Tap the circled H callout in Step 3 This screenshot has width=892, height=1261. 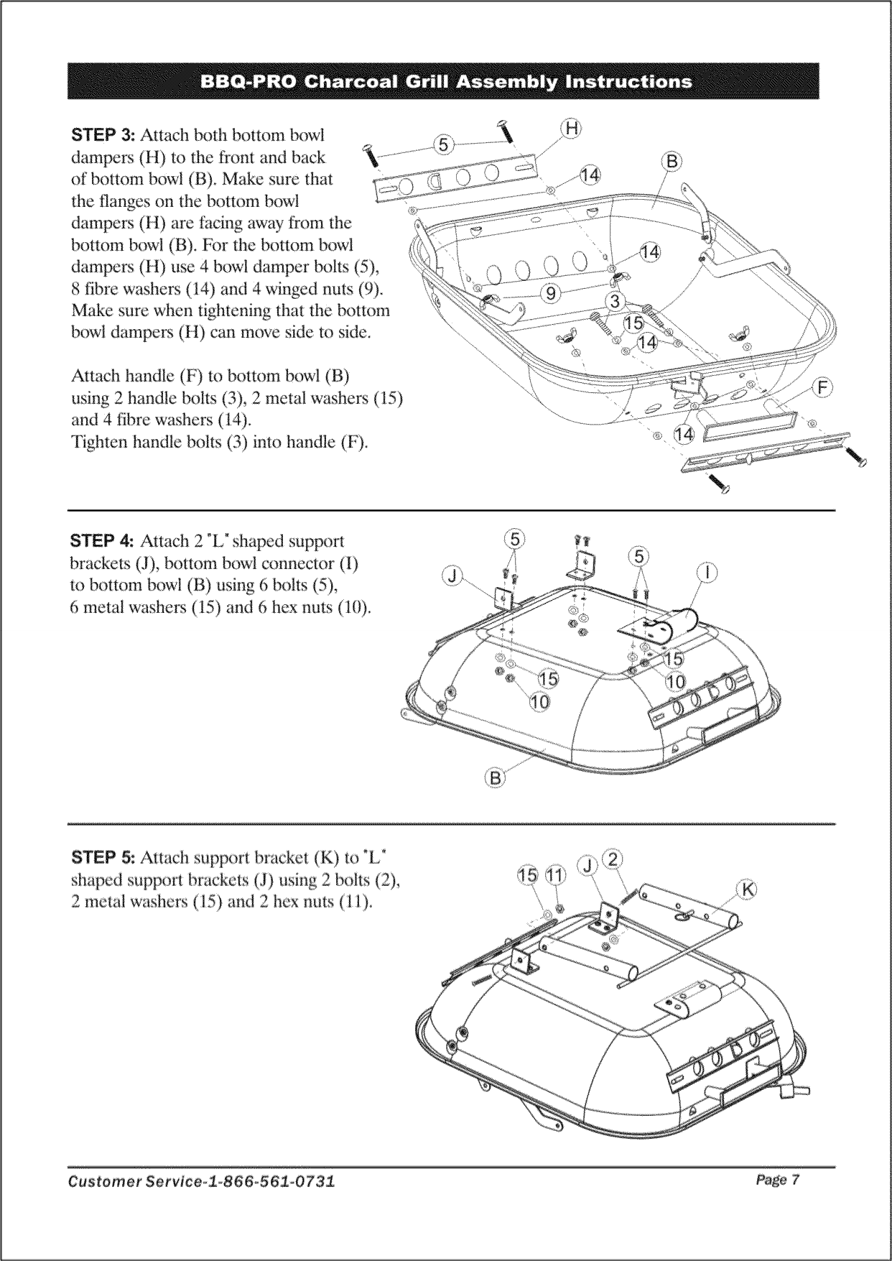(570, 129)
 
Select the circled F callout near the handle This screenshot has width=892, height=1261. (822, 389)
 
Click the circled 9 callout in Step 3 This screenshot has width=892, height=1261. (550, 293)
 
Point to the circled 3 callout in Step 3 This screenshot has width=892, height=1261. (615, 300)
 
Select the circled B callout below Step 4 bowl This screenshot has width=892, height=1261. (495, 777)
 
